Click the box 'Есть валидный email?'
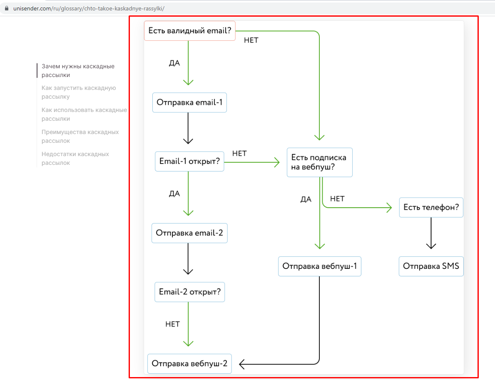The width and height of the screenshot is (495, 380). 190,31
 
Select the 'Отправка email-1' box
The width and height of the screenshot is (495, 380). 189,102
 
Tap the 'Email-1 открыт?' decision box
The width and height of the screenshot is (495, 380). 189,161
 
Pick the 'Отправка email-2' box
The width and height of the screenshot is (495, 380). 189,233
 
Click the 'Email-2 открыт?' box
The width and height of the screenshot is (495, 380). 190,292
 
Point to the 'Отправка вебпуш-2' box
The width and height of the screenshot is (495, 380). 189,364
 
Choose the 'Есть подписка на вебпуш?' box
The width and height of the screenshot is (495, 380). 319,163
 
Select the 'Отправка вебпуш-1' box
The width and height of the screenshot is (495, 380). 319,266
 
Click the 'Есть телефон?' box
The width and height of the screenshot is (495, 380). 431,208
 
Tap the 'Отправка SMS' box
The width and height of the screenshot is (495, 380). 431,266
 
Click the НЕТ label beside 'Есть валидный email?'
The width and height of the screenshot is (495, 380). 251,40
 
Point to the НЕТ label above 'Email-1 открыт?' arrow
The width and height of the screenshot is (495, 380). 239,154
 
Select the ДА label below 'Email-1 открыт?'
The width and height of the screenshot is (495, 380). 174,194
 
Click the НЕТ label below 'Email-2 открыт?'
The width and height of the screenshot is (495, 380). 172,325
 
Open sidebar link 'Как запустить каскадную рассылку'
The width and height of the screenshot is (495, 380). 79,92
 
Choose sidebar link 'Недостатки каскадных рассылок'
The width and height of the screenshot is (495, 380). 75,159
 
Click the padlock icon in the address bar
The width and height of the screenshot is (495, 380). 7,8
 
